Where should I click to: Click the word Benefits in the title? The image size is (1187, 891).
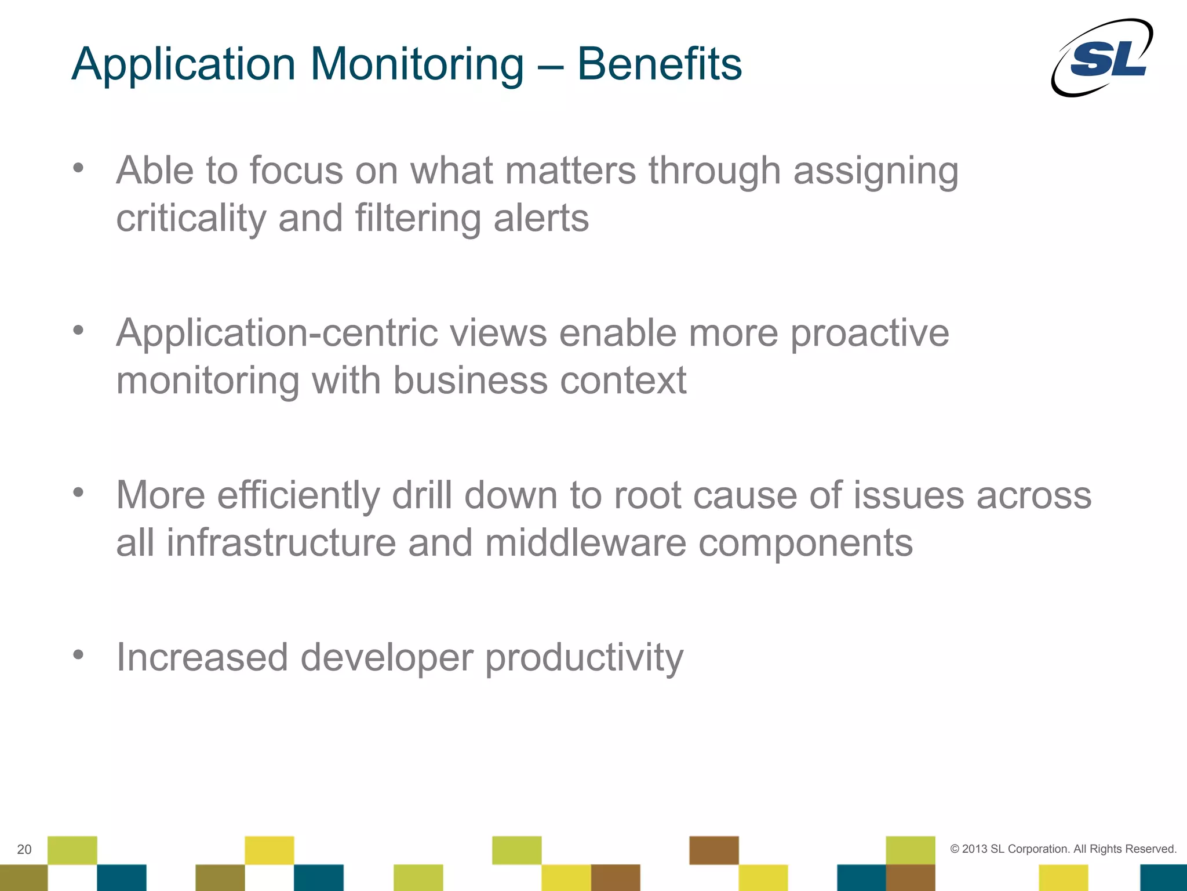(x=659, y=64)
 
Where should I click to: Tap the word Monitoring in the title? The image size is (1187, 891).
(x=417, y=64)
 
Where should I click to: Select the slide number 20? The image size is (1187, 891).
(x=24, y=849)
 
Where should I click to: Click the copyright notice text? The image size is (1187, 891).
(x=1063, y=849)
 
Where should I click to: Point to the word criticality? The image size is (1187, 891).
(x=191, y=219)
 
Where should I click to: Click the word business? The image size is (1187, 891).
(x=470, y=381)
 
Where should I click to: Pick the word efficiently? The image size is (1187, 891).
(x=298, y=496)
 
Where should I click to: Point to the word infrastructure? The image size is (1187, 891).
(x=281, y=544)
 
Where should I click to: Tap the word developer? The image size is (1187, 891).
(x=386, y=658)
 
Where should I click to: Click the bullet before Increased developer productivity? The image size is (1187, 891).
(x=78, y=655)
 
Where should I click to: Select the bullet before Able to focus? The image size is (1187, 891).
(x=78, y=168)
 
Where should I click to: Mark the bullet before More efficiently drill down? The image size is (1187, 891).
(x=78, y=492)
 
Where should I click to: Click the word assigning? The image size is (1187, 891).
(x=875, y=172)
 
